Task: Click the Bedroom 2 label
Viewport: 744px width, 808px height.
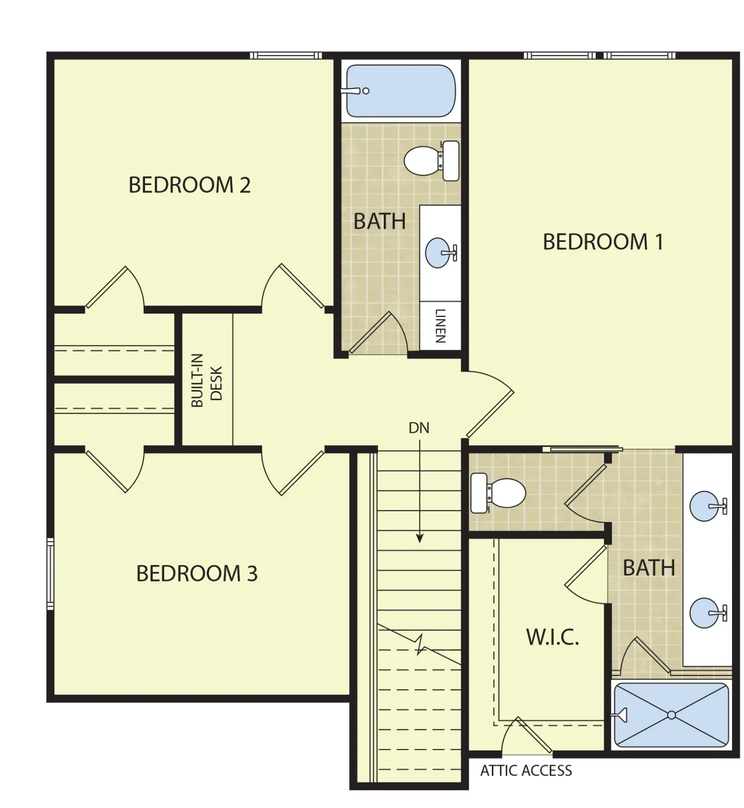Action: (189, 185)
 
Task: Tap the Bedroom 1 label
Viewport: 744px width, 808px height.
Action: (603, 242)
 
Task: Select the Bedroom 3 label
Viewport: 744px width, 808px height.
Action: (197, 573)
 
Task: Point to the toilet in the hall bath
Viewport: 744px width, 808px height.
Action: (431, 160)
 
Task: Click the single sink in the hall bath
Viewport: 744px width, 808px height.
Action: (440, 252)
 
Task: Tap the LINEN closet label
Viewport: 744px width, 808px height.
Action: (440, 325)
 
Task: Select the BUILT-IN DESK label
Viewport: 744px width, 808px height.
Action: (207, 380)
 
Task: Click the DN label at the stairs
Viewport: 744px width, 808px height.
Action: (419, 428)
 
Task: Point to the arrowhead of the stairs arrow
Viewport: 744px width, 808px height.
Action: (420, 539)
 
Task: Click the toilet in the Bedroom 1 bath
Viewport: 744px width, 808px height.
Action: (498, 493)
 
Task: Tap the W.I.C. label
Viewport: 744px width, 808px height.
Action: (552, 637)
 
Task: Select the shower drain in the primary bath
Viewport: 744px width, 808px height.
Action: (671, 715)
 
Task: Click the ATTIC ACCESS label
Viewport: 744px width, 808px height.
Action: (526, 770)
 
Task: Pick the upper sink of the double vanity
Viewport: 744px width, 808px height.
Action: (707, 506)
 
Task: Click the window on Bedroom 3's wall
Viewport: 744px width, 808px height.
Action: (50, 573)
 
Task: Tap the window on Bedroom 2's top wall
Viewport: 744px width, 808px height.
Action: (286, 55)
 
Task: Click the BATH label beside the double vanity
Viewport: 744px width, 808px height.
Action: (649, 568)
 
